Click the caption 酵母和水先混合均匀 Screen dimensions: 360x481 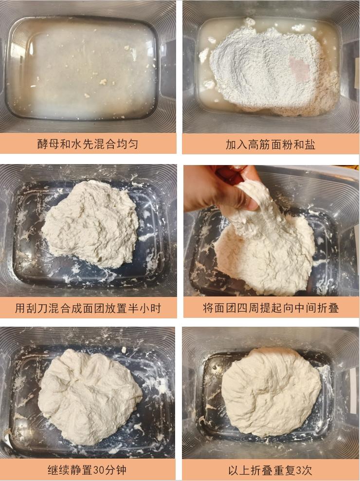point(88,144)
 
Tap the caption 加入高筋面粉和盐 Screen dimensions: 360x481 point(270,144)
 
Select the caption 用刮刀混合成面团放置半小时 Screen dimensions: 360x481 point(88,308)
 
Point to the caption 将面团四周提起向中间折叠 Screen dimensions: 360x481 point(271,308)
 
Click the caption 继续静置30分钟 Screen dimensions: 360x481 point(87,470)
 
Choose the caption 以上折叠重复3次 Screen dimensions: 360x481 point(270,470)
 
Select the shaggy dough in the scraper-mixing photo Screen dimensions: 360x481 point(90,223)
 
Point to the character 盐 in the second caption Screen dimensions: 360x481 point(310,144)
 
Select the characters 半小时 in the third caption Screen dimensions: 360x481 point(145,308)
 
